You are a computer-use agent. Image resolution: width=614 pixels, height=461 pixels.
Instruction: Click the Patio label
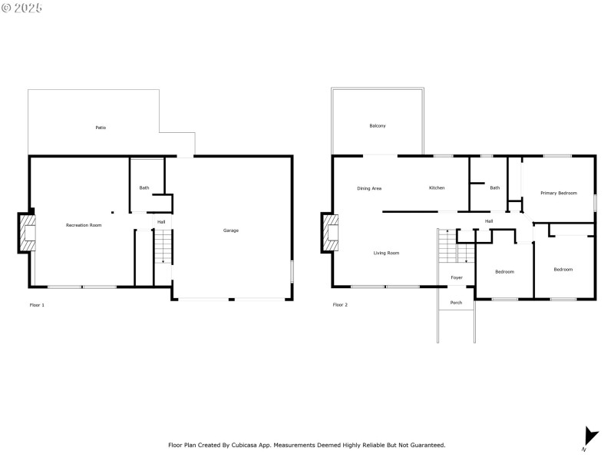[101, 128]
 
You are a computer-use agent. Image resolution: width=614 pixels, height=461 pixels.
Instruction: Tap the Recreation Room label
[84, 225]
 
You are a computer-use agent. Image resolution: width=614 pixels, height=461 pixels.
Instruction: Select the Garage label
[231, 230]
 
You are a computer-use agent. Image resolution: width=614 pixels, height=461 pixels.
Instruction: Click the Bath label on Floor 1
[144, 188]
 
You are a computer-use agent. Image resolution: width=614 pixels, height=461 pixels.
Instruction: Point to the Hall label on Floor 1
[161, 222]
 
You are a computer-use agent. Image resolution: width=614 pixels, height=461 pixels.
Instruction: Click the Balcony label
[378, 126]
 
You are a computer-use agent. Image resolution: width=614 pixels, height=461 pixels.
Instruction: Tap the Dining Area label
[369, 188]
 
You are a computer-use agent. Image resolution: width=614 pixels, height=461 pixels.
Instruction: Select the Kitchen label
[437, 188]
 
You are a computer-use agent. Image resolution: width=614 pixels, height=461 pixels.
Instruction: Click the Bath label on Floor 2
[495, 188]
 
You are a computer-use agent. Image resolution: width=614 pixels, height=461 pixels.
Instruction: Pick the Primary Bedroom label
[558, 193]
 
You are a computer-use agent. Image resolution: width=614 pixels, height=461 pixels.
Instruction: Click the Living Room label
[386, 253]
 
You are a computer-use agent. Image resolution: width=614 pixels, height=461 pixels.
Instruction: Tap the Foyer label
[457, 277]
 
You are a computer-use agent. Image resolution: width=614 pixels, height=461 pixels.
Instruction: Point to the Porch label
[456, 303]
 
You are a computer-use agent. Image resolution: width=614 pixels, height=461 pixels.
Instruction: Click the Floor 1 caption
[37, 305]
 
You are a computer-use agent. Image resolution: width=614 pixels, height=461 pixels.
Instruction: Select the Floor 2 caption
[340, 305]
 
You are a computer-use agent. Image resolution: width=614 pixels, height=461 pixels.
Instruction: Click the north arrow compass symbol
[589, 436]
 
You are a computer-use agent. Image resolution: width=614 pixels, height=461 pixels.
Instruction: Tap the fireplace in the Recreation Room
[27, 233]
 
